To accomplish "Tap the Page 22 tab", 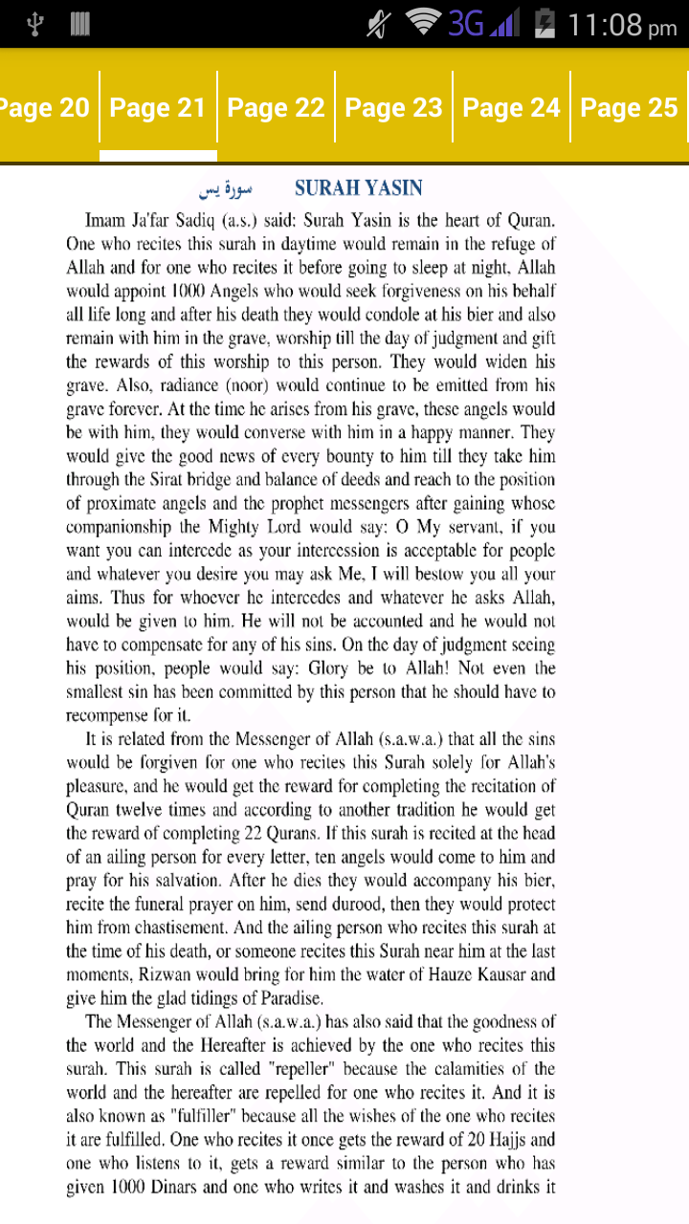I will (276, 108).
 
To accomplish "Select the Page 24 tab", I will (511, 108).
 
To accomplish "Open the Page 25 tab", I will (629, 108).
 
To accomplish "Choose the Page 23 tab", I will (393, 108).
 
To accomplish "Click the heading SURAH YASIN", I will (359, 188).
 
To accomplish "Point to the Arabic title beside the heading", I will (222, 188).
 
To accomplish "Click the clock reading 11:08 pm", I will (622, 24).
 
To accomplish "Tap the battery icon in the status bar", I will (545, 23).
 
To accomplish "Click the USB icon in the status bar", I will (35, 24).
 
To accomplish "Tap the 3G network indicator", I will (466, 23).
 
